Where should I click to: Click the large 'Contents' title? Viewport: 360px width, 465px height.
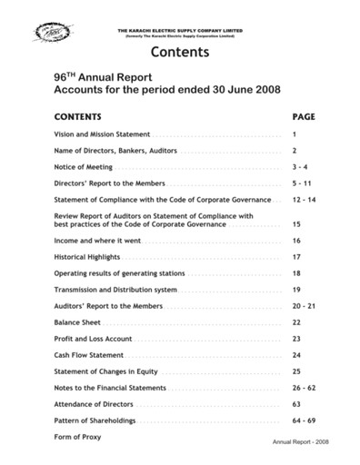tap(179, 52)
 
